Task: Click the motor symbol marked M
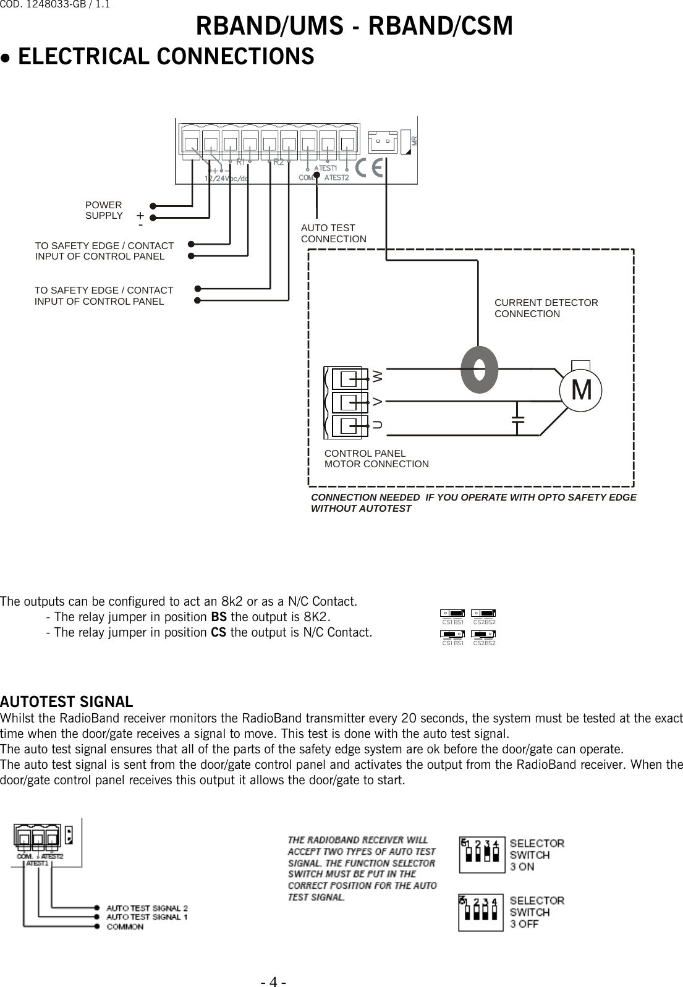point(581,389)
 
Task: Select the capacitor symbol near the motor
point(518,420)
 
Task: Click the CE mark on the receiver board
point(371,167)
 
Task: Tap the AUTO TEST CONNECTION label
point(333,234)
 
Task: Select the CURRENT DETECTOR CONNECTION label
point(546,308)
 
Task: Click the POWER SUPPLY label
point(104,210)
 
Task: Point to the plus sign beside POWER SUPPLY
point(140,216)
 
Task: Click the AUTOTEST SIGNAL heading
point(66,702)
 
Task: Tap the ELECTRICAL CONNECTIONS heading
point(166,57)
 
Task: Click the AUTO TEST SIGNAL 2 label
point(147,908)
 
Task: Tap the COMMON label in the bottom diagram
point(125,926)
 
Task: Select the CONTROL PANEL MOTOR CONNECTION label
point(376,459)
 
